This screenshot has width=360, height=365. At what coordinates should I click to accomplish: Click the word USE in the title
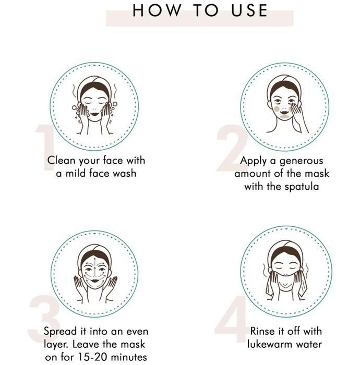click(x=249, y=10)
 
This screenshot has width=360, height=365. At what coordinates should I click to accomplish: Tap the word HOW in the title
click(x=157, y=10)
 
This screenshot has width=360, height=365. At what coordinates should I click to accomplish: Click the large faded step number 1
click(x=45, y=148)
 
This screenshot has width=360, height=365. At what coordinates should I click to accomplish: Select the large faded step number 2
click(x=231, y=148)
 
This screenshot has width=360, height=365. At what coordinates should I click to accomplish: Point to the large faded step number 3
click(x=44, y=319)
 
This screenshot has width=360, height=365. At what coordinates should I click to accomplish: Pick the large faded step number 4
click(x=231, y=319)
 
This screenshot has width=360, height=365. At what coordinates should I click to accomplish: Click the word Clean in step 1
click(x=61, y=161)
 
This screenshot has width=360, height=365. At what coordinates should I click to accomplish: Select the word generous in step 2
click(x=302, y=161)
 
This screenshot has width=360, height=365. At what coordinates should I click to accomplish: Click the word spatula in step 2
click(x=302, y=187)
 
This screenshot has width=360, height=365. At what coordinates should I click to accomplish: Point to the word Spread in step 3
click(x=60, y=332)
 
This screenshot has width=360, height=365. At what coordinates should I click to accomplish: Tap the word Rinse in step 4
click(x=262, y=331)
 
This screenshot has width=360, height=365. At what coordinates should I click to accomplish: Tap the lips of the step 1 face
click(x=95, y=114)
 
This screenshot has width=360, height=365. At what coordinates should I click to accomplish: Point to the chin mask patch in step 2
click(x=284, y=117)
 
